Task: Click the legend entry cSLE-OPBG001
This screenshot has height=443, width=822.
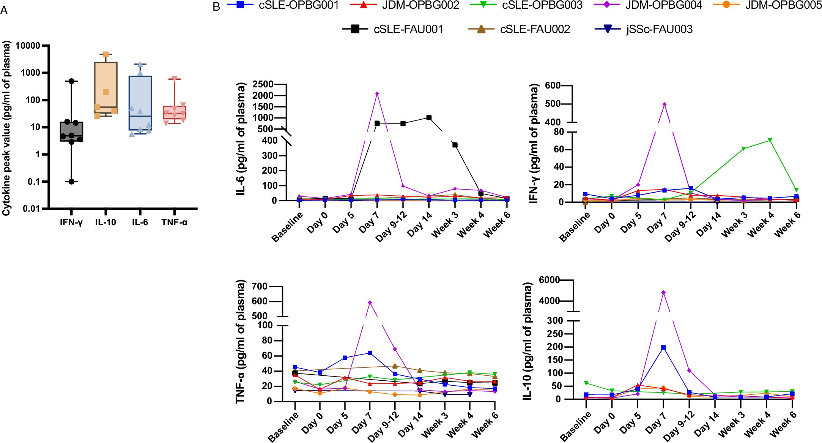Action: [299, 5]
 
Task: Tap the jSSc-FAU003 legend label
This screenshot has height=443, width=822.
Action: [660, 29]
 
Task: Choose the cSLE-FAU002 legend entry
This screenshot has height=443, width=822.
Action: [535, 29]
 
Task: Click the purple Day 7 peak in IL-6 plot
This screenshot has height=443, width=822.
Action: [377, 93]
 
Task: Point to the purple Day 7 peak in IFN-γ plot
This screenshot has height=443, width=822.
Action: [665, 104]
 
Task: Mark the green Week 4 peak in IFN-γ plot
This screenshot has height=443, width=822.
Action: [770, 140]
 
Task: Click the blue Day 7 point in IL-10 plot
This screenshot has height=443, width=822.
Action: [663, 347]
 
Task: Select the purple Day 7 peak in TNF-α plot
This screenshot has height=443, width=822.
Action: [370, 302]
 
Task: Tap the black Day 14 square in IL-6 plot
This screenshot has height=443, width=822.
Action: [429, 118]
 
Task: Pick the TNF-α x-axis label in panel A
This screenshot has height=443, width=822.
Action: [174, 222]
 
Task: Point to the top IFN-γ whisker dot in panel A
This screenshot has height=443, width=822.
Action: [71, 81]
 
